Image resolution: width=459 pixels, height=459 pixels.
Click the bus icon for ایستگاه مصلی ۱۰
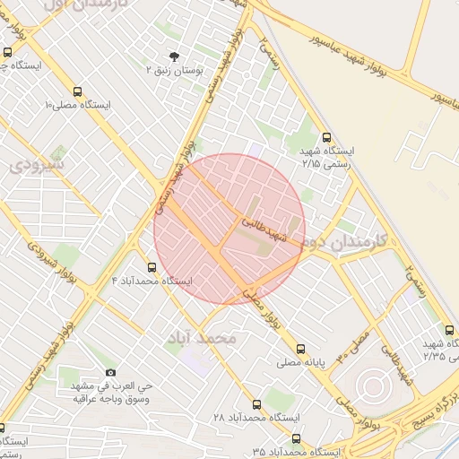point(78,91)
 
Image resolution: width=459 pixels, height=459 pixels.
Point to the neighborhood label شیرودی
point(38,165)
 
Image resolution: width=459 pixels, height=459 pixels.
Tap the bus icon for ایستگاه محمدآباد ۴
point(151,267)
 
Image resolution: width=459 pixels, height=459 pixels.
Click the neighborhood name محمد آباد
point(201,338)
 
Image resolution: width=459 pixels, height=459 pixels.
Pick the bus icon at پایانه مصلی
point(299,350)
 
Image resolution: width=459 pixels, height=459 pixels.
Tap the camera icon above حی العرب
point(110,371)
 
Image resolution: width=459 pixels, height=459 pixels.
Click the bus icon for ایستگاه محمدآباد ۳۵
point(296,438)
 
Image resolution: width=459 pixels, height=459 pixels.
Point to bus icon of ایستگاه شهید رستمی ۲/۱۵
point(325,138)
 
